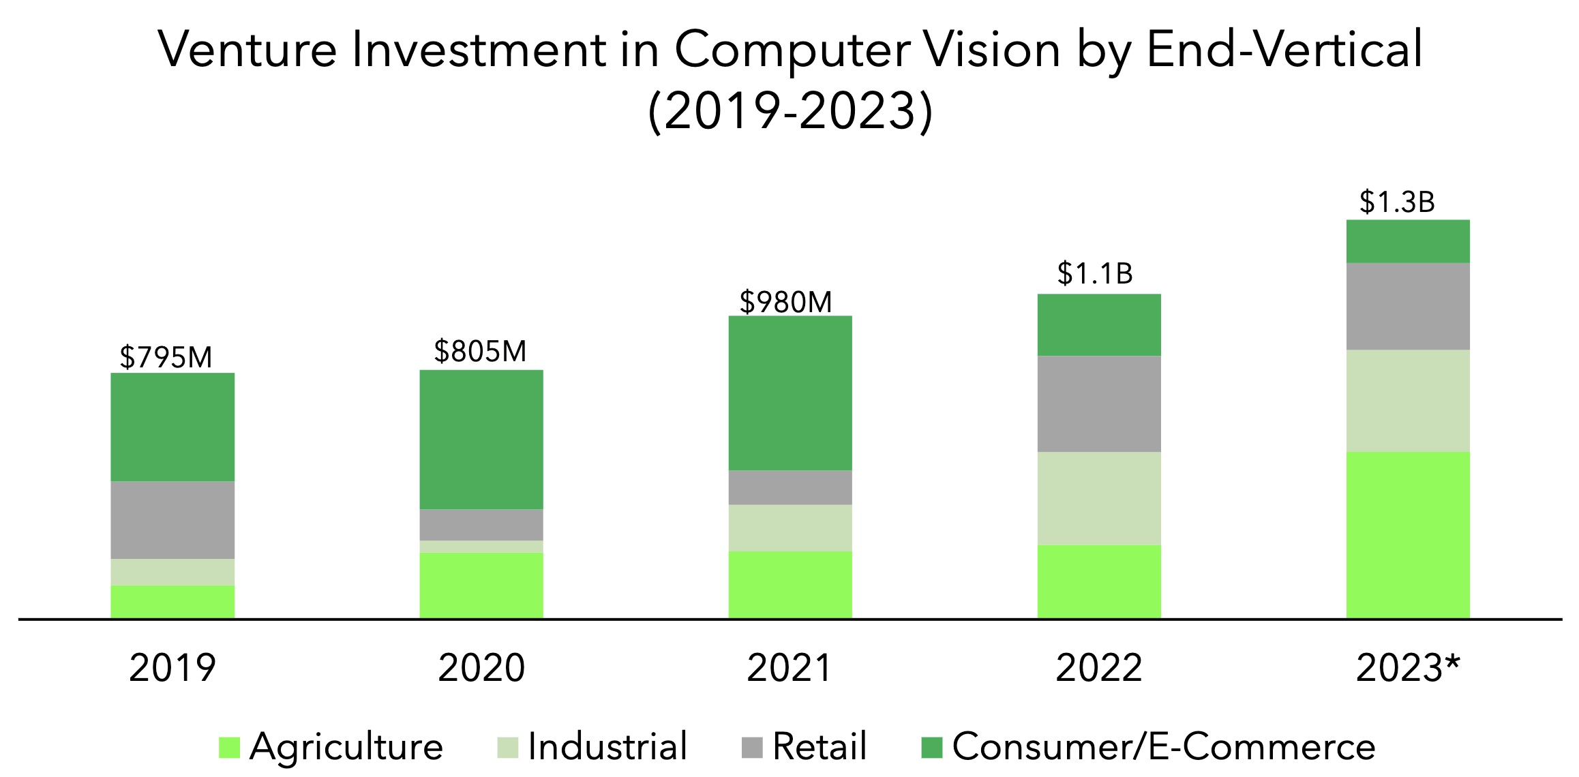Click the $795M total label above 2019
[x=166, y=357]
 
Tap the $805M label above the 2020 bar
[x=480, y=351]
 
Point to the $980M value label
[x=785, y=302]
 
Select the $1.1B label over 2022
[x=1094, y=273]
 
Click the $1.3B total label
[x=1397, y=202]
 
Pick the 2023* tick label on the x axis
[x=1407, y=668]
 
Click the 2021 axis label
[x=790, y=668]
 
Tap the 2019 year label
[x=172, y=668]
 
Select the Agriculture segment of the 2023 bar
[x=1408, y=534]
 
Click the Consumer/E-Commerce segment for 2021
[x=790, y=393]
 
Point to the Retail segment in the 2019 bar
[x=172, y=520]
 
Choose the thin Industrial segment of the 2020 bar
[x=481, y=547]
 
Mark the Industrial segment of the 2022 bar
[x=1099, y=498]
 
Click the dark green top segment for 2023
[x=1408, y=241]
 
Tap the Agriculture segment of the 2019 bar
[x=172, y=601]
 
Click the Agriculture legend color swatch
[x=229, y=748]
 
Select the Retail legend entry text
[x=819, y=746]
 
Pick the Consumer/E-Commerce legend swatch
[x=931, y=748]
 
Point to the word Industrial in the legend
[x=607, y=746]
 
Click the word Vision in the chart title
[x=992, y=50]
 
